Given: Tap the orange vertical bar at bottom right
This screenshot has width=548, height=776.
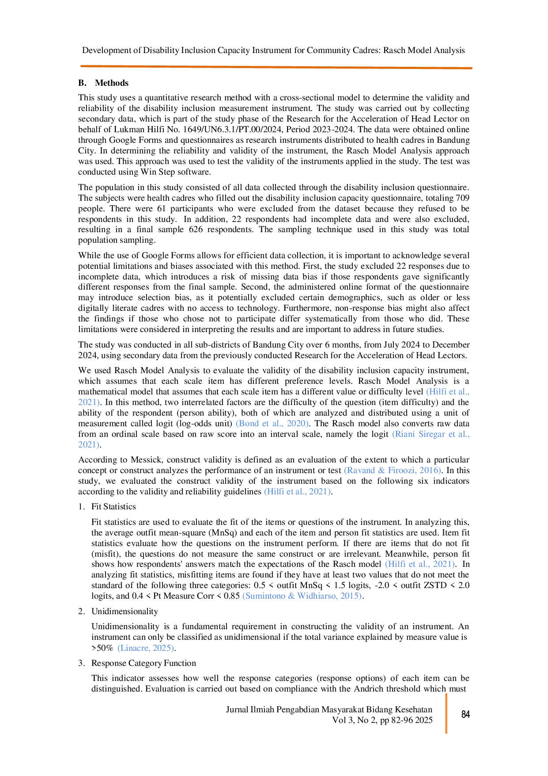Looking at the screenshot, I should tap(447, 713).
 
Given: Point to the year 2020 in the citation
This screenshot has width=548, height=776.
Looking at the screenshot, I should tap(296, 424).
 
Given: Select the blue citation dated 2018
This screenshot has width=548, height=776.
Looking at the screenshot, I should tap(392, 471).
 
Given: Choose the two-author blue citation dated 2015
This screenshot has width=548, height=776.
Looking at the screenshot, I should tap(302, 596).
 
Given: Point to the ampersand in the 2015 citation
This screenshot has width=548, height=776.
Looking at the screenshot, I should tap(291, 596).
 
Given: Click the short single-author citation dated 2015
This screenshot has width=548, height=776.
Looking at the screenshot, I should tap(146, 649).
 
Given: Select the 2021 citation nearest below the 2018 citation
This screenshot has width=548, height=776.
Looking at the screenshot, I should tap(296, 492).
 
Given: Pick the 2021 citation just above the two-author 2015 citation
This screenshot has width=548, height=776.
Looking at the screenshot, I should tap(420, 564).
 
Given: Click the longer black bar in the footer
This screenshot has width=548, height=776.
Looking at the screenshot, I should tap(336, 709).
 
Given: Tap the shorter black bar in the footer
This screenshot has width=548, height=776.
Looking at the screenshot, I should tap(389, 720).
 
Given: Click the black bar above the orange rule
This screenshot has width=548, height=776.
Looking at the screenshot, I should tap(309, 51).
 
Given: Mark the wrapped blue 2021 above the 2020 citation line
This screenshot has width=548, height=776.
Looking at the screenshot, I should tap(88, 402).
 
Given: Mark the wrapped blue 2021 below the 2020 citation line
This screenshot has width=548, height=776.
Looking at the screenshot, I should tap(88, 444).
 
